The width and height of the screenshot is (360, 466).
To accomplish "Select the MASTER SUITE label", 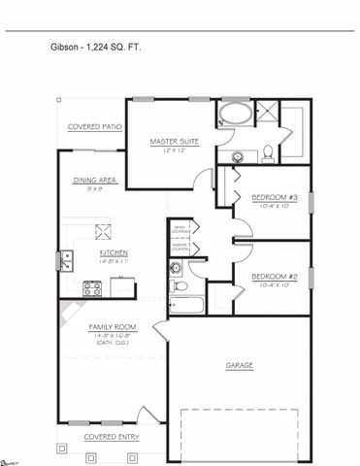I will click(x=175, y=142).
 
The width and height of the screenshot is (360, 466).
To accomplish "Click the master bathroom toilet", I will click(x=267, y=151).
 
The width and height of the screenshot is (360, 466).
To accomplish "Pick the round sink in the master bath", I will click(x=237, y=156).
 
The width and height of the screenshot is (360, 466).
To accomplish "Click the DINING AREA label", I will click(x=95, y=181).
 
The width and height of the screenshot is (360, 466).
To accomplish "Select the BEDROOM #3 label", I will click(x=271, y=198).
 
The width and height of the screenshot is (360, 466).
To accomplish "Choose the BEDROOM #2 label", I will click(x=271, y=276).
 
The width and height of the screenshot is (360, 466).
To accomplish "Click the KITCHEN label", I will click(x=114, y=253).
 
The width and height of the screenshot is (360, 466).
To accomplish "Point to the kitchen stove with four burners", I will click(x=93, y=288).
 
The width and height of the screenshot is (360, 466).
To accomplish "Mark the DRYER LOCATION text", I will click(x=180, y=229).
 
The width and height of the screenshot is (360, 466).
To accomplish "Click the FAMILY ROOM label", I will click(x=109, y=328).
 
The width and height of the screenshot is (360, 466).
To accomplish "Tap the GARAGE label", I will click(x=240, y=365).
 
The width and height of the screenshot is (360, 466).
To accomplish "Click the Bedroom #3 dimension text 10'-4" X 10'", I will click(x=271, y=207).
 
